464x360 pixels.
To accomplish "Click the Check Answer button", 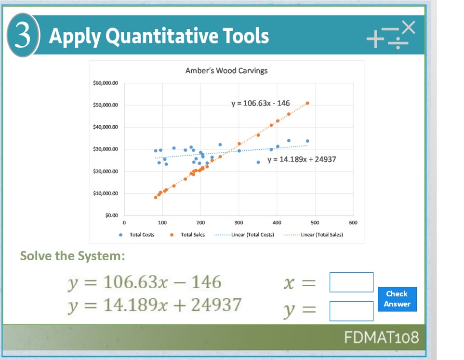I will click(397, 299).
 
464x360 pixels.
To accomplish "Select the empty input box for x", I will click(351, 282).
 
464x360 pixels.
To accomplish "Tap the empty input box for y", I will click(351, 311).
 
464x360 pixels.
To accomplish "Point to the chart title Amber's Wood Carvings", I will click(226, 71).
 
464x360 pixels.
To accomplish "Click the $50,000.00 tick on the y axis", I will click(105, 105).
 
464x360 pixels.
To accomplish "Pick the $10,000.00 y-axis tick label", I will click(105, 194).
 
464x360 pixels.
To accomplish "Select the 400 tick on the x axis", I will click(277, 223).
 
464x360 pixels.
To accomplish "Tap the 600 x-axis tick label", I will click(353, 223).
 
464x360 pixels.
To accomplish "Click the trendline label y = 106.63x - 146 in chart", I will click(260, 103).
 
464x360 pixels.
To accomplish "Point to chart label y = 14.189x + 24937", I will click(302, 159).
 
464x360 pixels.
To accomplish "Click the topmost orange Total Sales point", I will click(307, 103).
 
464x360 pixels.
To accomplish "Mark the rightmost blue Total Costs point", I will click(307, 141).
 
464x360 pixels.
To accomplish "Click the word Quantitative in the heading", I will click(163, 36).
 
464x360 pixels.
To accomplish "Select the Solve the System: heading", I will click(72, 255).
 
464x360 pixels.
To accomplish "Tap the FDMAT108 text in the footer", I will click(381, 337).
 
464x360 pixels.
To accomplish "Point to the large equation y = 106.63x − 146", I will click(144, 282).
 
